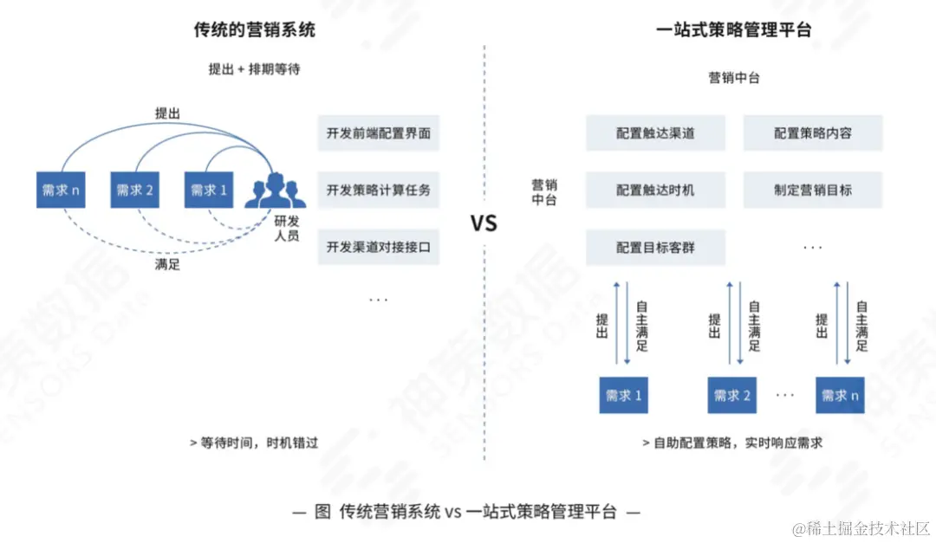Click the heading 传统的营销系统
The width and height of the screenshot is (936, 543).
[254, 30]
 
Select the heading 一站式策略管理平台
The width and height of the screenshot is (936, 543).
[733, 30]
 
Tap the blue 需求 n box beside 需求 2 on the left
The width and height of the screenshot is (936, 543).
[61, 190]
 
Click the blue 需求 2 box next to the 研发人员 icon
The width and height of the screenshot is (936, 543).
[134, 190]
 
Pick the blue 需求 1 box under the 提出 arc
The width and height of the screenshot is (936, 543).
[208, 190]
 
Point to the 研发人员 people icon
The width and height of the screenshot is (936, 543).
[275, 191]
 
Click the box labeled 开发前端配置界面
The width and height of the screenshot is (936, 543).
[378, 133]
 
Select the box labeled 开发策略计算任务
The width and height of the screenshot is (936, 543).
[378, 190]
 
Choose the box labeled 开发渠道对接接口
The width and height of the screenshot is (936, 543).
[378, 247]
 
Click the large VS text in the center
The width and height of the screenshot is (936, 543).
[484, 223]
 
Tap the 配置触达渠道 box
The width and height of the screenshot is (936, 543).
[655, 133]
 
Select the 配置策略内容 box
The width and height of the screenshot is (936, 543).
[812, 133]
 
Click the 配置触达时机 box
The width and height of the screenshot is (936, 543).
[655, 190]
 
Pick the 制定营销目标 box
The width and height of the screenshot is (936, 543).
[812, 190]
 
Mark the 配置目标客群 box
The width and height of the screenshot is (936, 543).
[655, 248]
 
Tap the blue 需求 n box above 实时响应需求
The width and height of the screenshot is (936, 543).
[840, 395]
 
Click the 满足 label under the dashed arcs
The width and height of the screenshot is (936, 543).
[167, 265]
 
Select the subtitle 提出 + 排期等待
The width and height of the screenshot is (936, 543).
[254, 69]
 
